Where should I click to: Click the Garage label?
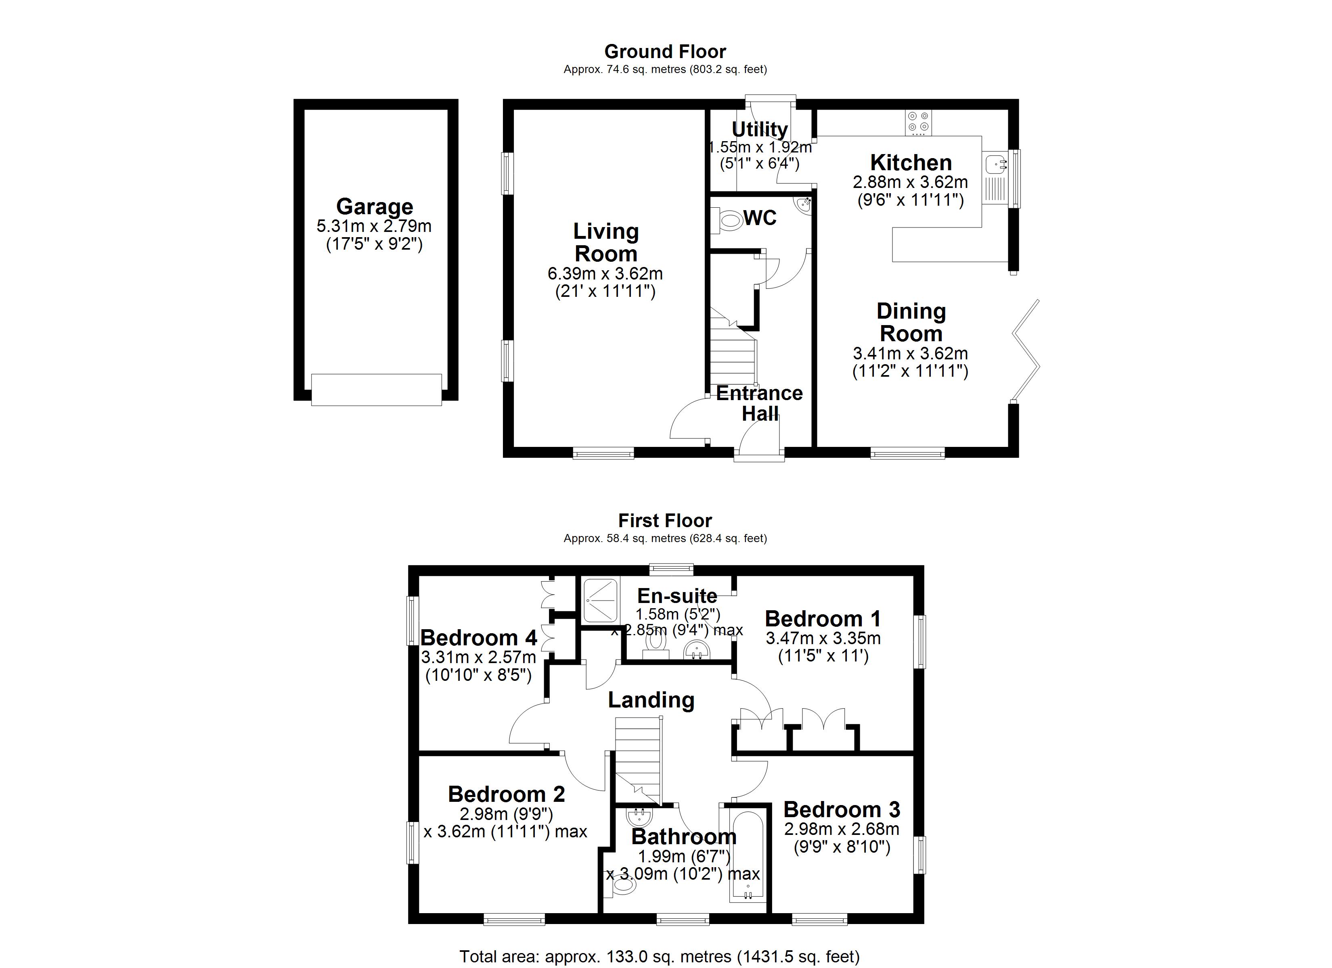374,207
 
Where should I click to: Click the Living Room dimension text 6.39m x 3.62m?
605,273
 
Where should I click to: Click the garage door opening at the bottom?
376,390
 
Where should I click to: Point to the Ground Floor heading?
665,52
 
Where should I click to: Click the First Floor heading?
665,521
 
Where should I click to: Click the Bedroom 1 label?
822,619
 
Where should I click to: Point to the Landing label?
651,700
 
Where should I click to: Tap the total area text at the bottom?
659,956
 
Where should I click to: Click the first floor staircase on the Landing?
639,760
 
